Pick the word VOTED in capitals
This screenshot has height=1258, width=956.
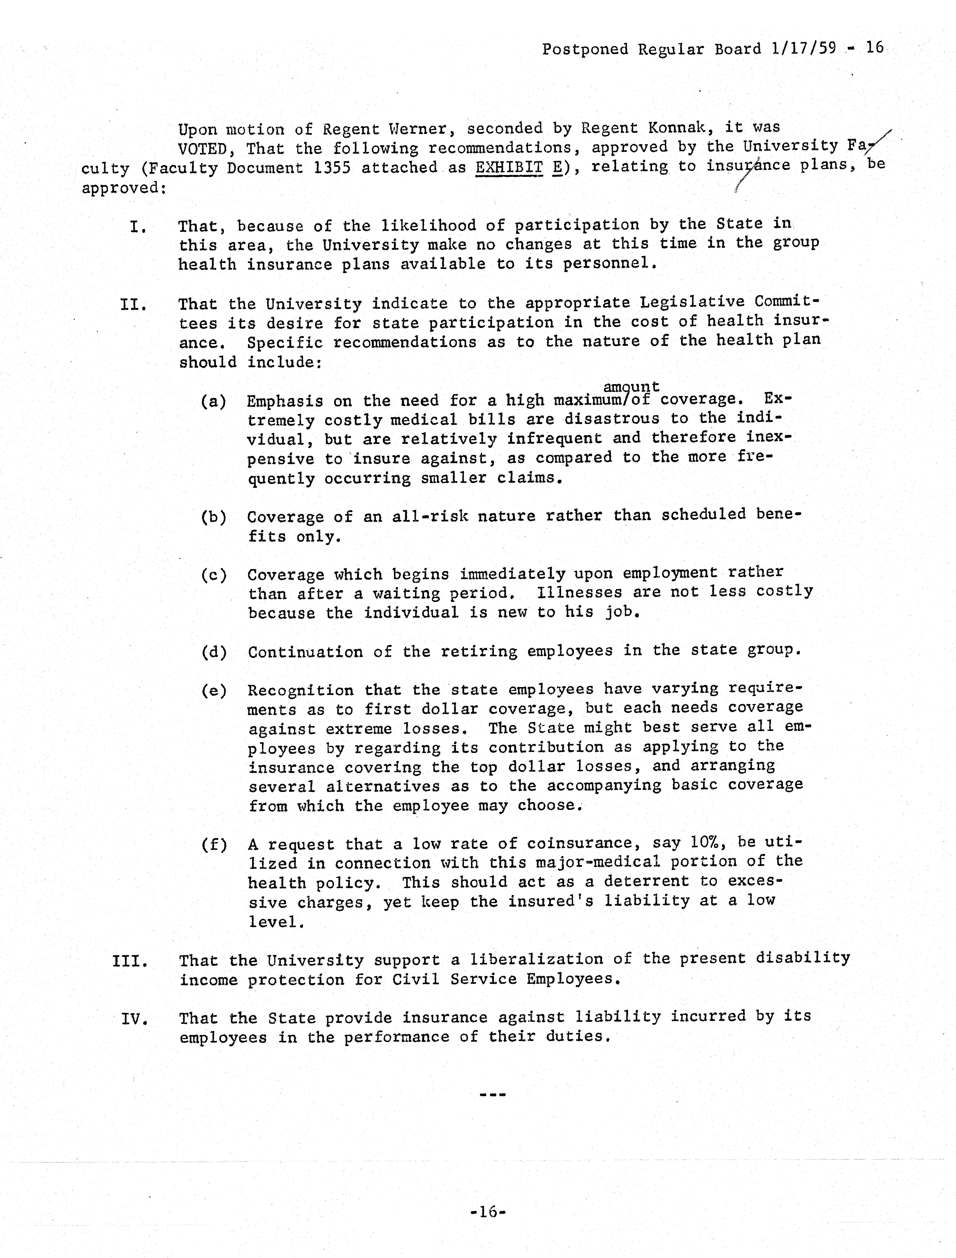coord(203,149)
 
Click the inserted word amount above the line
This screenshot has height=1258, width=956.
coord(631,387)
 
